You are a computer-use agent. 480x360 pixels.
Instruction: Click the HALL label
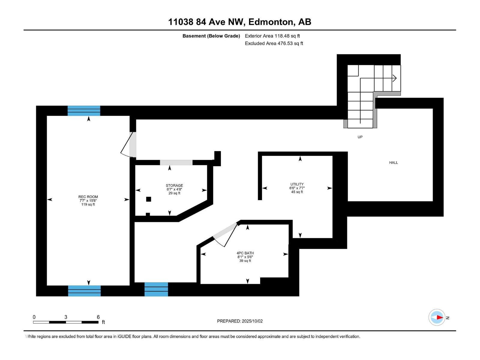point(393,163)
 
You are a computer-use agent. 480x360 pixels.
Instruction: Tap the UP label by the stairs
point(360,137)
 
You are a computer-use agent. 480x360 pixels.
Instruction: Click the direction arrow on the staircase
point(394,79)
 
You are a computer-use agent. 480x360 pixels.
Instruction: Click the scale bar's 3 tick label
point(66,317)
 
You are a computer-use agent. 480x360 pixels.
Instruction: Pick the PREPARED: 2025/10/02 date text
point(240,321)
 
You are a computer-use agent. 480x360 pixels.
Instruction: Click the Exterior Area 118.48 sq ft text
point(272,36)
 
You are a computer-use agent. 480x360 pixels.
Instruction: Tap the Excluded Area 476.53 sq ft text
point(274,43)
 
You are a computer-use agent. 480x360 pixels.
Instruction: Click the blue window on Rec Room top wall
point(84,111)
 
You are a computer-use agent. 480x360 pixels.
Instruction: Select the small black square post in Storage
point(148,199)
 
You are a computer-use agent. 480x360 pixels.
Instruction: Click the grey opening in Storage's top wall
point(176,163)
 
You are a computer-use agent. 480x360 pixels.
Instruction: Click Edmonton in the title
point(271,22)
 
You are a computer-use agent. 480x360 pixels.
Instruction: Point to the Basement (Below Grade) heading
point(211,36)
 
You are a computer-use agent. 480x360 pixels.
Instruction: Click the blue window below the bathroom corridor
point(156,289)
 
